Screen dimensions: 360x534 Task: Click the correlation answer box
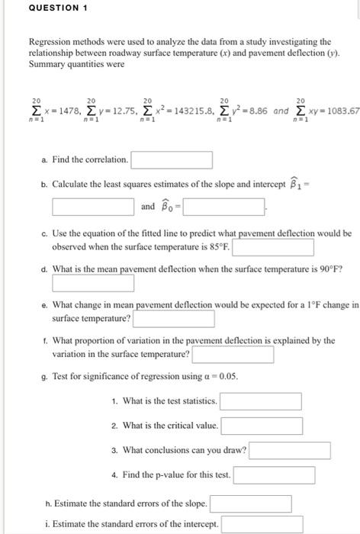pyautogui.click(x=171, y=160)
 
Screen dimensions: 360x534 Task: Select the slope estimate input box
pyautogui.click(x=93, y=206)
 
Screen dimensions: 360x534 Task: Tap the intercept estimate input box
pyautogui.click(x=223, y=206)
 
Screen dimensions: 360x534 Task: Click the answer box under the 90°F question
pyautogui.click(x=93, y=284)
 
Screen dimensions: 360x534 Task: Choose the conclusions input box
pyautogui.click(x=290, y=450)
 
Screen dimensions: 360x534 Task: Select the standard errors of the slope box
pyautogui.click(x=250, y=504)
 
